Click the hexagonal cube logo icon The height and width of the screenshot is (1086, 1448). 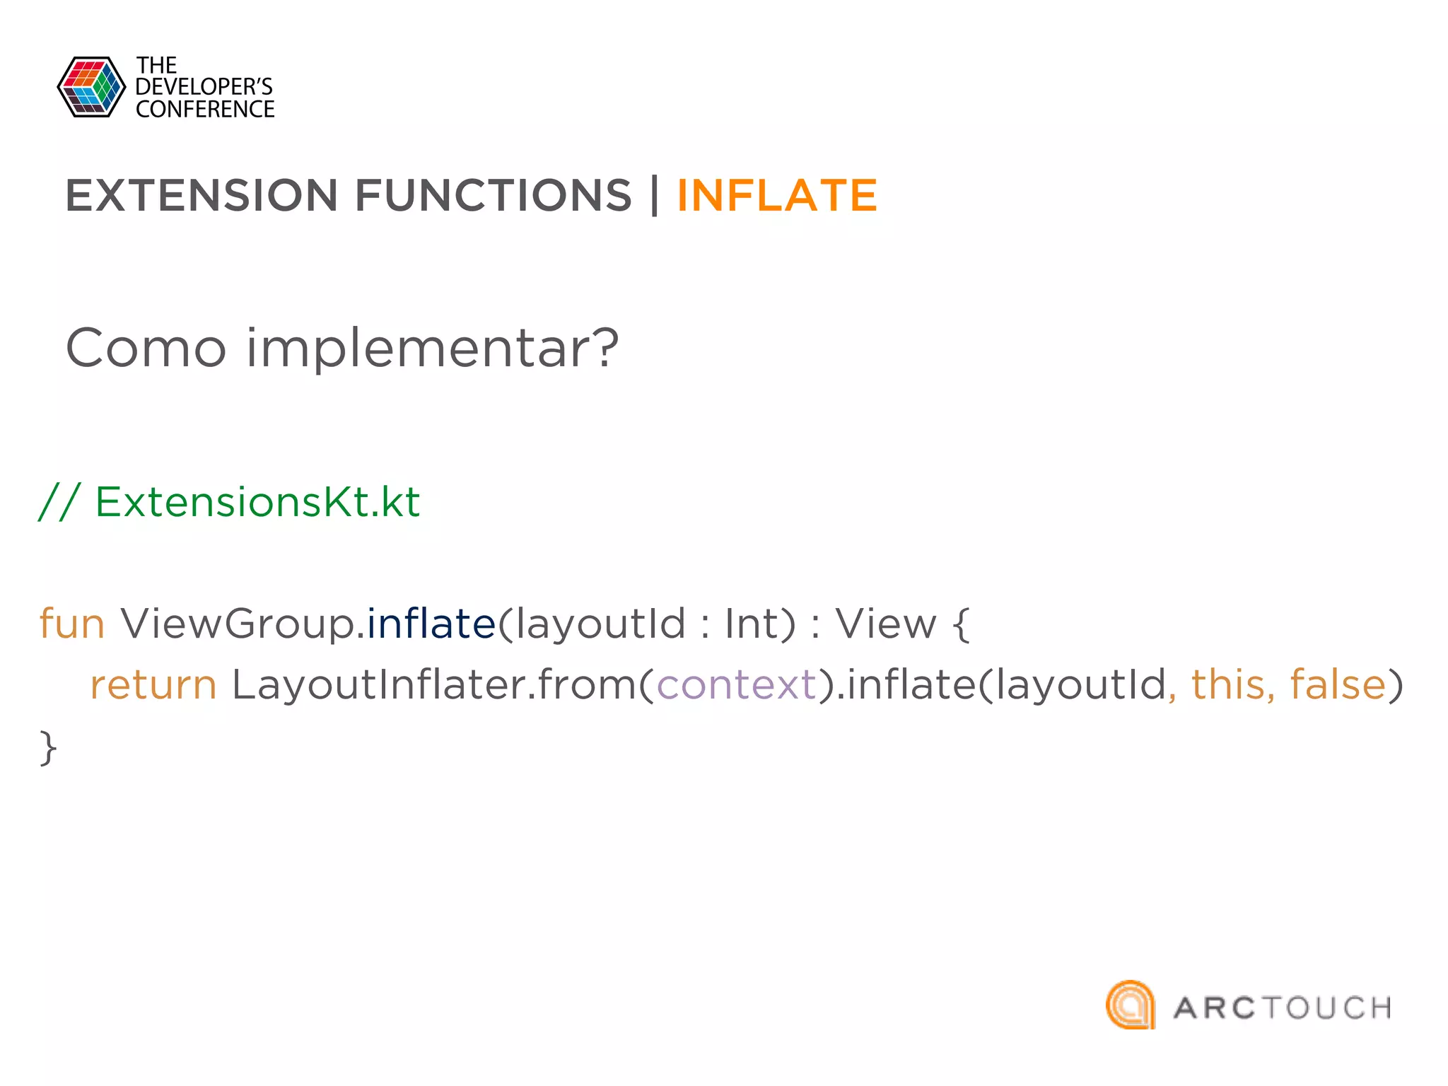[x=91, y=87]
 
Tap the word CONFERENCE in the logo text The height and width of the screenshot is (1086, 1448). [x=205, y=110]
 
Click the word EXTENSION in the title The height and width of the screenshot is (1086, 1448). [x=202, y=195]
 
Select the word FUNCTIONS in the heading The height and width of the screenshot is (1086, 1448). [x=493, y=195]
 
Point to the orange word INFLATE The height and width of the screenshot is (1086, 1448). [x=777, y=195]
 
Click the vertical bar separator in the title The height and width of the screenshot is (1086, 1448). [x=655, y=195]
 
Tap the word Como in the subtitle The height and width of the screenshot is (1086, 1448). [x=146, y=348]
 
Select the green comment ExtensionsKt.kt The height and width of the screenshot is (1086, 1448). [x=257, y=502]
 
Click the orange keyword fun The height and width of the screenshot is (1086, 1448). [x=72, y=624]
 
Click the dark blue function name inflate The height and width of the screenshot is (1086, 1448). [x=431, y=623]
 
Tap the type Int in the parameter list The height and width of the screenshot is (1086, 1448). [x=751, y=624]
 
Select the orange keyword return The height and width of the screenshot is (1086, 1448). [x=153, y=685]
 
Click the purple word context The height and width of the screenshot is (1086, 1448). [x=736, y=685]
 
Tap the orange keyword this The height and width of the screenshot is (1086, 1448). [x=1228, y=684]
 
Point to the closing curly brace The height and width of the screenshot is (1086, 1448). [x=48, y=747]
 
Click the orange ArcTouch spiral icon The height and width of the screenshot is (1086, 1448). [x=1131, y=1005]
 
